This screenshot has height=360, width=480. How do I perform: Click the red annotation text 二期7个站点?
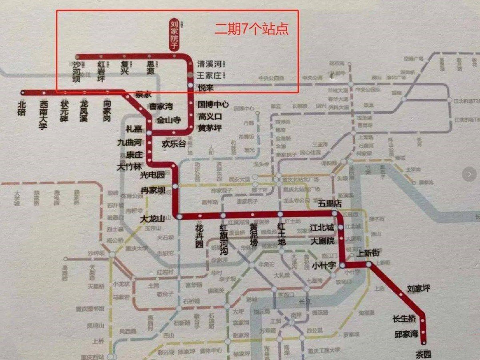[x=251, y=29]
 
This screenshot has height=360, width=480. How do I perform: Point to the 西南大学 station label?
[x=43, y=114]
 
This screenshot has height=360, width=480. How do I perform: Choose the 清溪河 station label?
[x=209, y=64]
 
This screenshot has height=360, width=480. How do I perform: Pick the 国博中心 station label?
[x=214, y=105]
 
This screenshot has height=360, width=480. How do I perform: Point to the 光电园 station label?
[x=152, y=175]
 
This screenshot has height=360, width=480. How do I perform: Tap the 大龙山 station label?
[x=152, y=219]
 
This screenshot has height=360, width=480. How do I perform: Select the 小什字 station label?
[x=323, y=265]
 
